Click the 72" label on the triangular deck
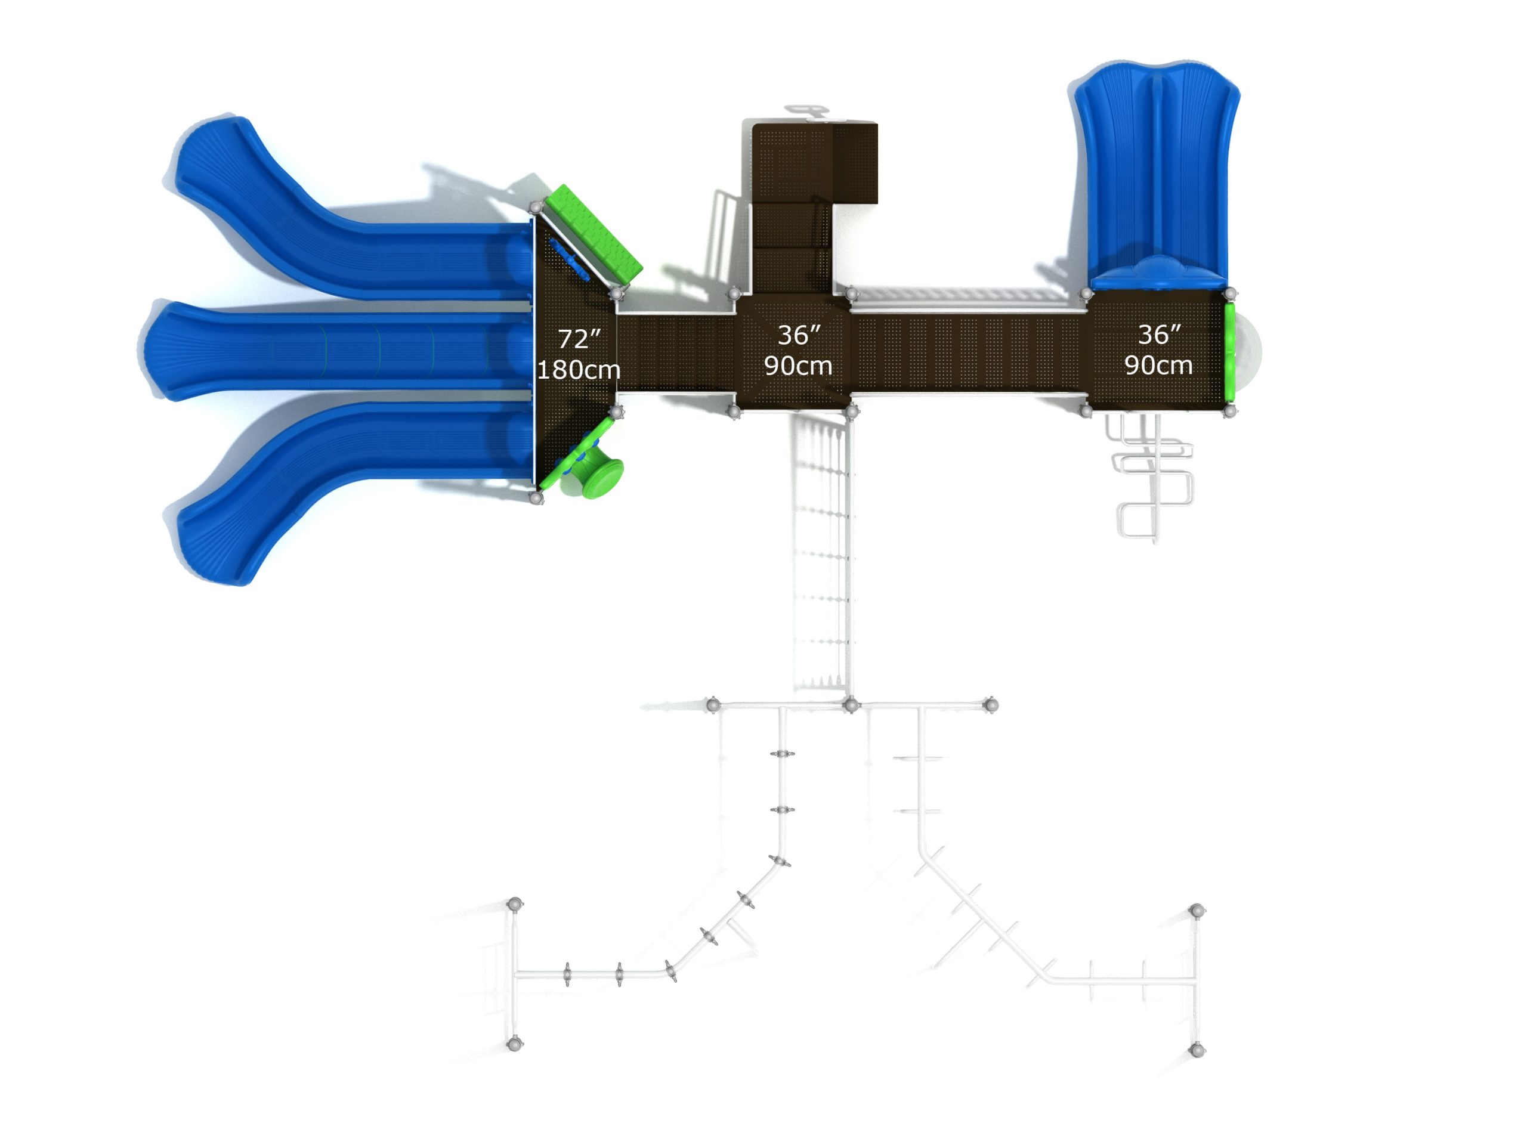point(579,339)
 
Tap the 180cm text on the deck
point(579,370)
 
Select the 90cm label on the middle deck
point(798,366)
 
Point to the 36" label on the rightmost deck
point(1159,335)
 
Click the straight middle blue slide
point(338,351)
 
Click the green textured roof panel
point(593,234)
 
